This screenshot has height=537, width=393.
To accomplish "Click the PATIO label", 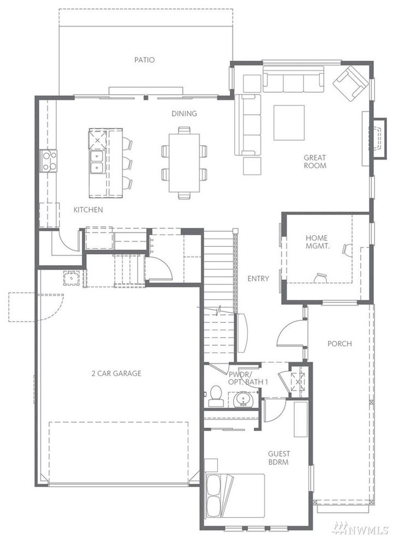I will (145, 60).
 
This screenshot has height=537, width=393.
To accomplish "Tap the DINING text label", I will (184, 114).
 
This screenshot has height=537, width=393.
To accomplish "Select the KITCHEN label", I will (88, 209).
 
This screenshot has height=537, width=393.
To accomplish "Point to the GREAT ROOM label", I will (315, 161).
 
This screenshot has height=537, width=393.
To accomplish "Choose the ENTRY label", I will (258, 278).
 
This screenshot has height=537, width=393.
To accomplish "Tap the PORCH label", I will (340, 344).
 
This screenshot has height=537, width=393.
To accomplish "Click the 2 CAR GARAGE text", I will (116, 373).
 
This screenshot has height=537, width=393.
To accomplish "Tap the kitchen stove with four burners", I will (49, 161).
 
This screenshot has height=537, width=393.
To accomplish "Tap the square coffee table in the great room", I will (289, 123).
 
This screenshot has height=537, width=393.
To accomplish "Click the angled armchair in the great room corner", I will (350, 83).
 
